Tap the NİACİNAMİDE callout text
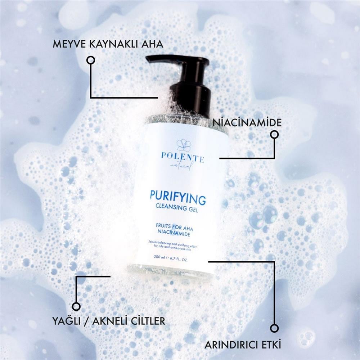[247, 122]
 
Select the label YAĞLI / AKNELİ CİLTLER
[109, 320]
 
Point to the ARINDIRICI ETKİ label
[243, 344]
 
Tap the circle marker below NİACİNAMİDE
[274, 135]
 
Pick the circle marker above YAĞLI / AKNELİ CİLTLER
[76, 306]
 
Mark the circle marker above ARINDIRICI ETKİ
[274, 328]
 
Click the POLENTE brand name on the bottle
[182, 158]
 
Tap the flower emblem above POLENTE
[184, 145]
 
